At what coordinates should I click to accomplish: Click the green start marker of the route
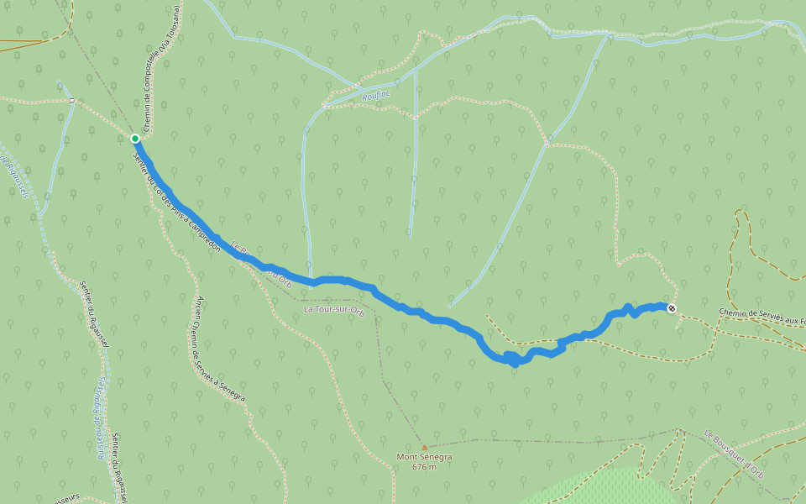click(135, 138)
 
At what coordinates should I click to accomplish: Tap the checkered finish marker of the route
click(672, 309)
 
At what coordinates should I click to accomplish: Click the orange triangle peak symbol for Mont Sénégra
click(425, 448)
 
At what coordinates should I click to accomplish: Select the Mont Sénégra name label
click(425, 458)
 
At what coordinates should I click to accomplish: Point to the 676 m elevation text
click(425, 467)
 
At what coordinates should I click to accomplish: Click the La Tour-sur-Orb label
click(333, 309)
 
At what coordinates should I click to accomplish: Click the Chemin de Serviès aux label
click(761, 316)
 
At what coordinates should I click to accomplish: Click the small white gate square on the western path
click(72, 101)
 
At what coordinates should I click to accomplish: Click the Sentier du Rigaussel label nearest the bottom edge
click(118, 470)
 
